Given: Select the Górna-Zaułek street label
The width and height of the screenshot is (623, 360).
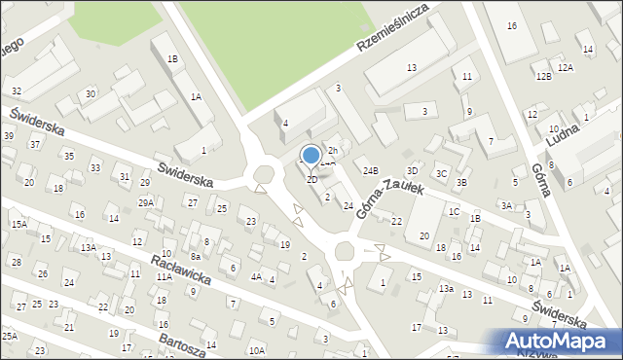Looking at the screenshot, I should pyautogui.click(x=389, y=198).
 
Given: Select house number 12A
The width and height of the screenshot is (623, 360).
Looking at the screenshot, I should pyautogui.click(x=565, y=68).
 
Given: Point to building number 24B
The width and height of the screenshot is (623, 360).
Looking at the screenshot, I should pyautogui.click(x=371, y=171).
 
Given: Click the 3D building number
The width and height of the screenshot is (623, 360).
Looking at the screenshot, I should pyautogui.click(x=413, y=171).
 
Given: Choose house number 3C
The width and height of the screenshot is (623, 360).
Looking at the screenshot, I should pyautogui.click(x=441, y=173).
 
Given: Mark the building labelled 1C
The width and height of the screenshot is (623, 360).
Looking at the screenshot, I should pyautogui.click(x=454, y=211).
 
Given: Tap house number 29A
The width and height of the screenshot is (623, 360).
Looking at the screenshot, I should pyautogui.click(x=146, y=202).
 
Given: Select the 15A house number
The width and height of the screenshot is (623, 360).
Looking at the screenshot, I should pyautogui.click(x=18, y=224).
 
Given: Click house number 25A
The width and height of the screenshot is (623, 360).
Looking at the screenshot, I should pyautogui.click(x=10, y=336).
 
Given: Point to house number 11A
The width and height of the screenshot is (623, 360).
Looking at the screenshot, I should pyautogui.click(x=164, y=277).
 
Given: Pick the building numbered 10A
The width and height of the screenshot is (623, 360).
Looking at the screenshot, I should pyautogui.click(x=256, y=350).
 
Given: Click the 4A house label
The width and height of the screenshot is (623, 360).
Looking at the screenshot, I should pyautogui.click(x=256, y=277).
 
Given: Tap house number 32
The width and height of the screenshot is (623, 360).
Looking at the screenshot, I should pyautogui.click(x=17, y=90).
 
